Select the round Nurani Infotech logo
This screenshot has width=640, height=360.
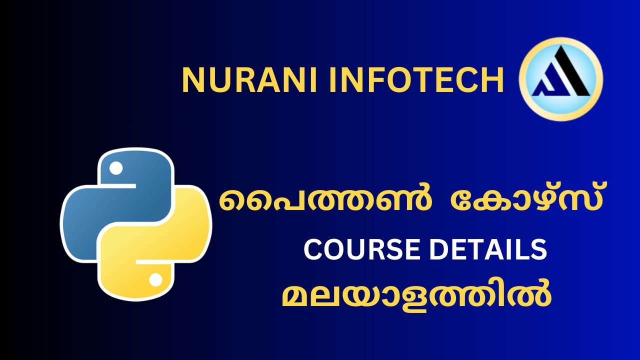click(x=561, y=79)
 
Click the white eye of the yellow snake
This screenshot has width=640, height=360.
click(x=156, y=279)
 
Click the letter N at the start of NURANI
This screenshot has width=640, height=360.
click(x=192, y=80)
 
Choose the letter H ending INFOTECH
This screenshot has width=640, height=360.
click(x=492, y=80)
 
